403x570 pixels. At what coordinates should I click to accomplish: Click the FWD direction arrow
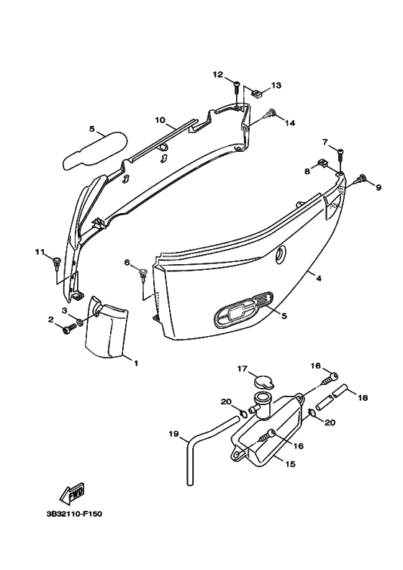71,492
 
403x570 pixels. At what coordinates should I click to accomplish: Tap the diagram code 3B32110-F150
74,514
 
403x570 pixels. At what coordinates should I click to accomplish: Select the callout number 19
173,433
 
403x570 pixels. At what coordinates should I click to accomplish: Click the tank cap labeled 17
264,382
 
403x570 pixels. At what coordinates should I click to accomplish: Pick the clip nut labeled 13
258,93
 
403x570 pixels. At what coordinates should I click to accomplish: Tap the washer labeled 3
80,322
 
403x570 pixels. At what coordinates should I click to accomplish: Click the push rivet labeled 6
142,273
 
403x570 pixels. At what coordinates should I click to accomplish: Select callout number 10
160,120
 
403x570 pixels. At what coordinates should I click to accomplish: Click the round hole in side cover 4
281,254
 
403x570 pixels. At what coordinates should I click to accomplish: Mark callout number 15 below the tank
290,464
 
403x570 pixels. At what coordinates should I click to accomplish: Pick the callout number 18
363,398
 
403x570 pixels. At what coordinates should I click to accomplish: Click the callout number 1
136,363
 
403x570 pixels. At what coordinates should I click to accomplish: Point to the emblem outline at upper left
95,150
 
